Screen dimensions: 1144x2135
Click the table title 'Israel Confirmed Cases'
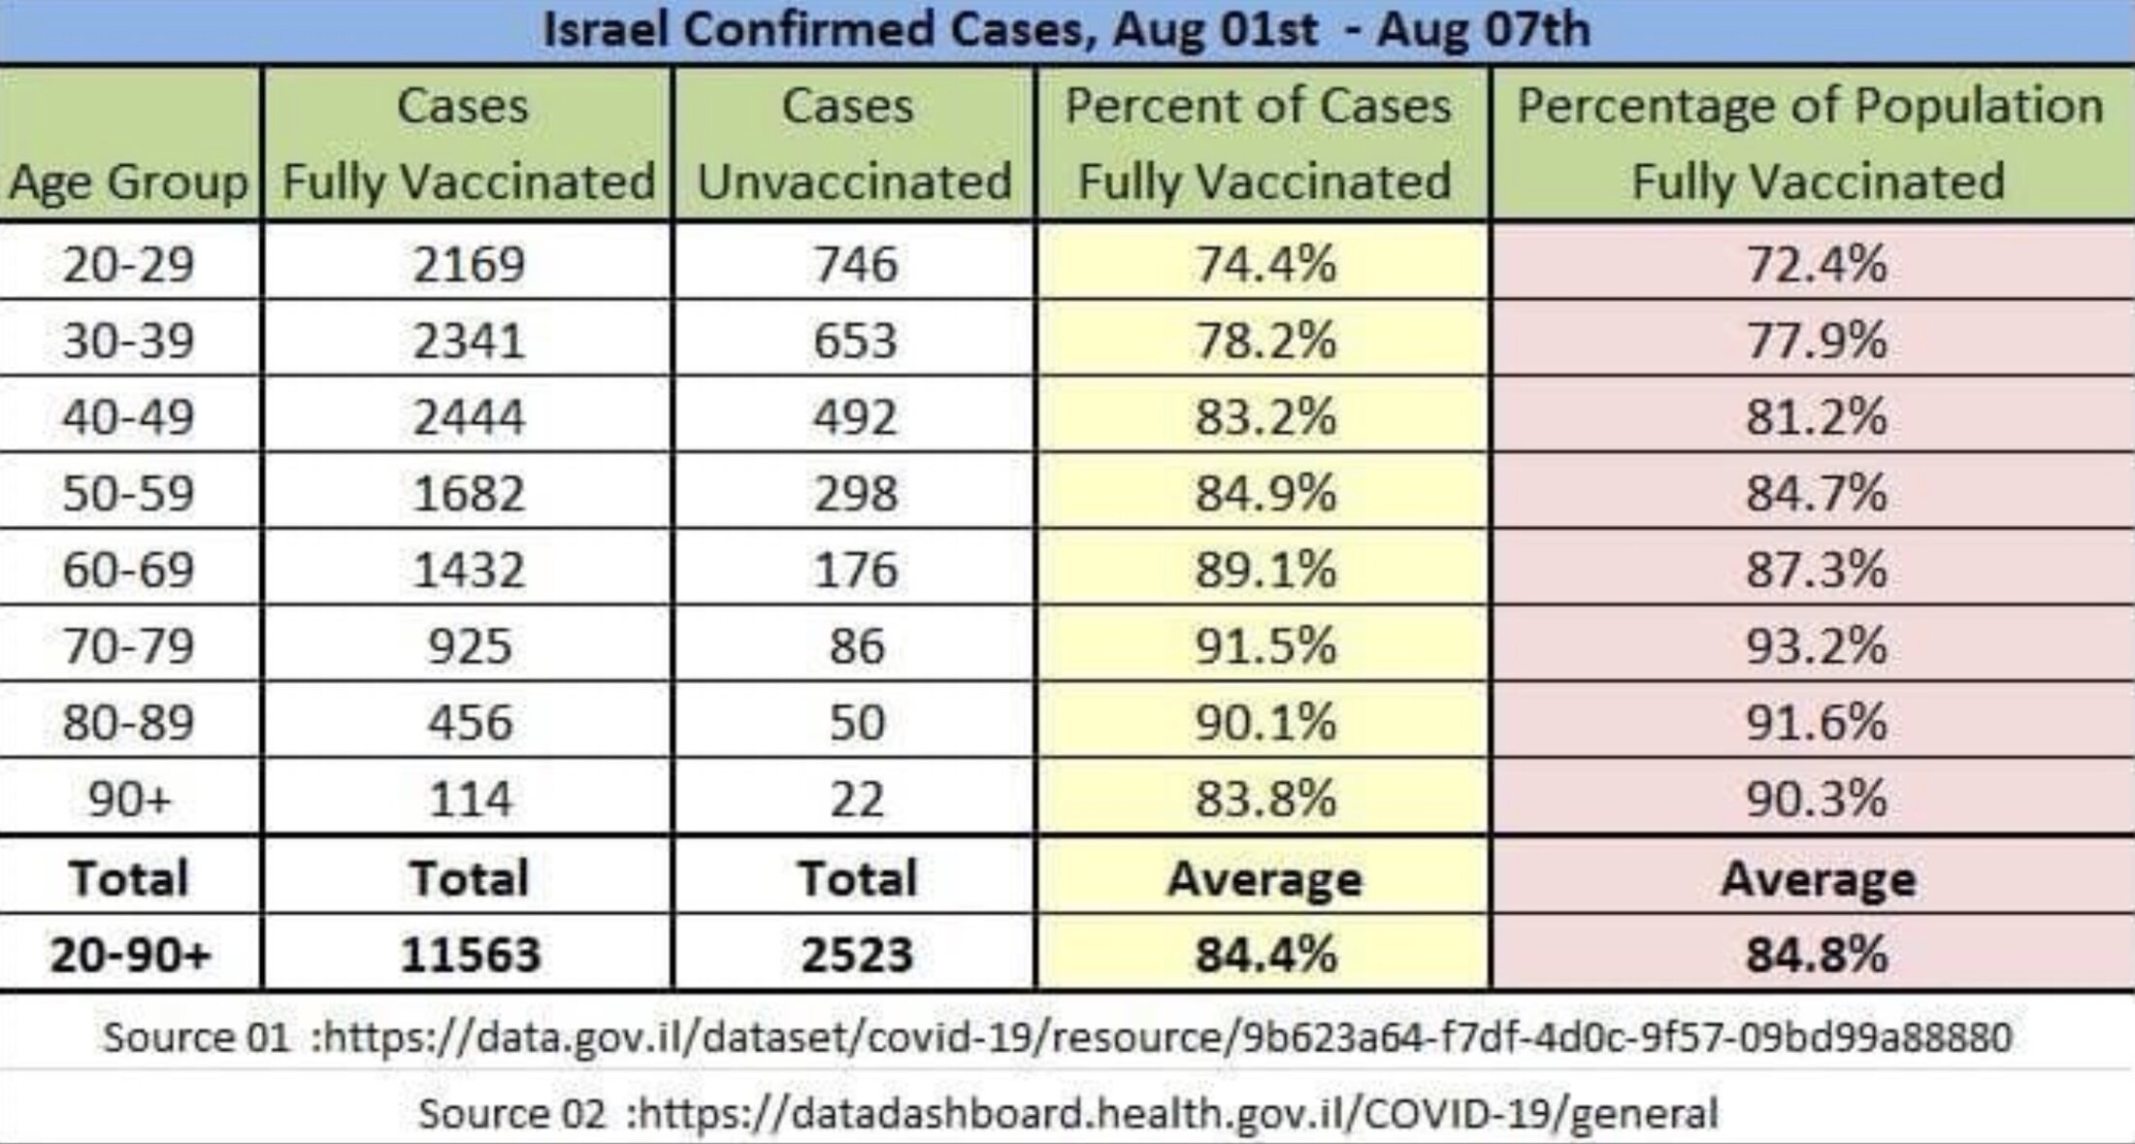[x=1066, y=29]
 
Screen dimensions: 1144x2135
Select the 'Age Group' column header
[x=128, y=181]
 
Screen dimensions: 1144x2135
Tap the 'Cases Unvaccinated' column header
[x=853, y=144]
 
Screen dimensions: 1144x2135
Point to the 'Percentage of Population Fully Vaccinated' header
[x=1811, y=144]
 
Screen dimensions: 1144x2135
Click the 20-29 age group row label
[x=128, y=264]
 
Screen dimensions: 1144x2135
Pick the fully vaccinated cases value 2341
[x=469, y=341]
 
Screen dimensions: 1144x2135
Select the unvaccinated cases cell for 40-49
[x=855, y=417]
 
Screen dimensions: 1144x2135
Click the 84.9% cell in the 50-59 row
[x=1265, y=493]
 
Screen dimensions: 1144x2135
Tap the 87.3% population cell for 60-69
[x=1816, y=570]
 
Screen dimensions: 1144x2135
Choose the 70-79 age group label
[x=128, y=646]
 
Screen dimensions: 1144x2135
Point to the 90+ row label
[x=128, y=800]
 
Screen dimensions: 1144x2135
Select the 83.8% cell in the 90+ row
[x=1265, y=800]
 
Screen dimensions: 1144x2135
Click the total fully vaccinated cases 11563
[x=470, y=955]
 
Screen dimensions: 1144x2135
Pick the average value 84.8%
[x=1816, y=955]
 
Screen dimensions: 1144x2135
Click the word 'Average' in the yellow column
[x=1265, y=879]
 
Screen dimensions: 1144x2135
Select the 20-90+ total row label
[x=130, y=955]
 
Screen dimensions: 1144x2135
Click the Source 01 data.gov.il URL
[x=1165, y=1037]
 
